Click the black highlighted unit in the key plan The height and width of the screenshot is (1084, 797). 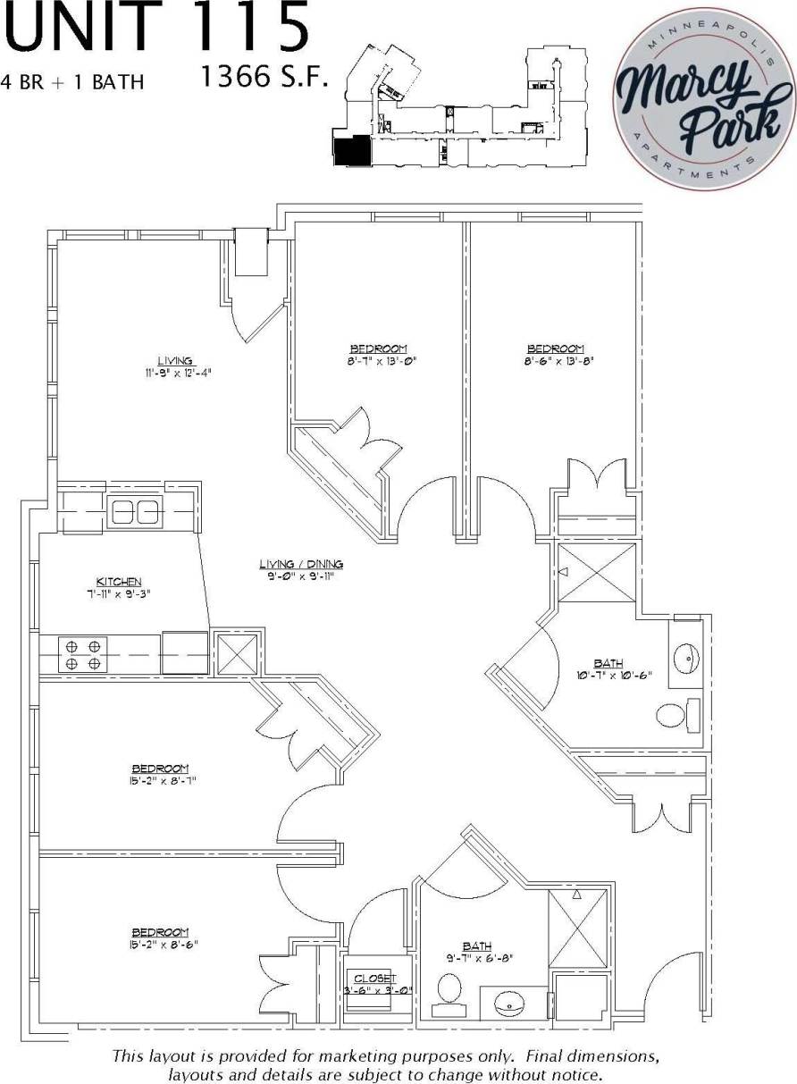(350, 150)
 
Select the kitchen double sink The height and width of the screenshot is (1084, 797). (134, 512)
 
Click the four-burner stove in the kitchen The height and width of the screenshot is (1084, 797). (82, 654)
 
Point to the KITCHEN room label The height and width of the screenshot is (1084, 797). (120, 581)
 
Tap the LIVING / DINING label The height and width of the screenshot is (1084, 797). (301, 564)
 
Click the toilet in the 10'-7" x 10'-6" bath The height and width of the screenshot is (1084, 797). (675, 717)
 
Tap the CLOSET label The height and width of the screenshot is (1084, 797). (374, 978)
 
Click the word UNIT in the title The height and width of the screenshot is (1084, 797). (85, 27)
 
